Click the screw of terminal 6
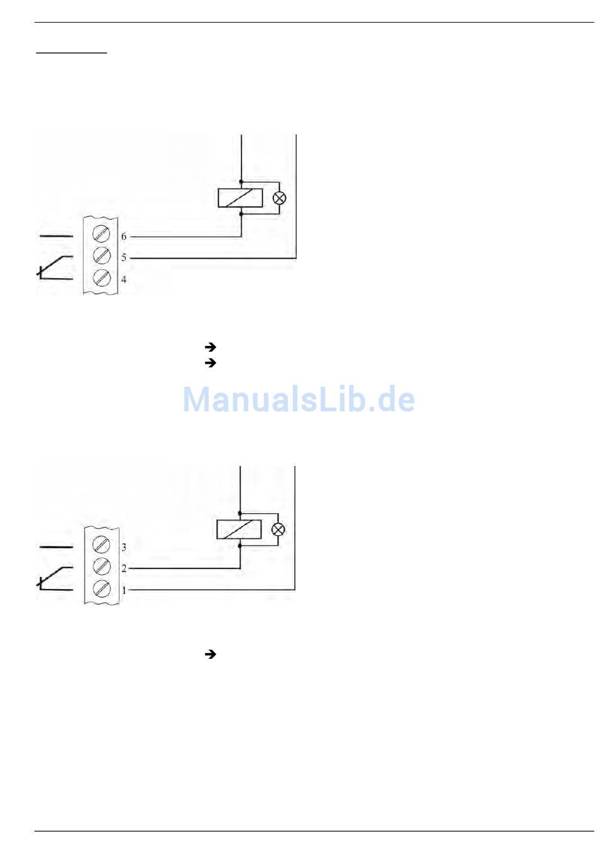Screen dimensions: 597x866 pos(101,234)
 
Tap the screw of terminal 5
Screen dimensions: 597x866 pos(101,256)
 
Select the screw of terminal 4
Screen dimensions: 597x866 pos(101,278)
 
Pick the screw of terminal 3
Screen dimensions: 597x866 pos(101,544)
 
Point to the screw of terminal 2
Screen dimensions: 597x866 pos(101,566)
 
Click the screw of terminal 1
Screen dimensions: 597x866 pos(101,588)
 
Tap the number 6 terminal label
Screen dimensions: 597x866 pos(124,237)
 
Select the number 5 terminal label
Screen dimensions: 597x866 pos(124,257)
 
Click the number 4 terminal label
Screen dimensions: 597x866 pos(124,279)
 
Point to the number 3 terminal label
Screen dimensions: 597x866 pos(124,547)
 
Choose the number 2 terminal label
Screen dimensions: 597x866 pos(124,568)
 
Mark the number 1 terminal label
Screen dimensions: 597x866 pos(124,590)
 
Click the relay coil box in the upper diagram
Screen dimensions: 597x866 pos(240,198)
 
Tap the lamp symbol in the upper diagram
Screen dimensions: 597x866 pos(279,198)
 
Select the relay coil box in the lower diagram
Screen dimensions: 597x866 pos(239,529)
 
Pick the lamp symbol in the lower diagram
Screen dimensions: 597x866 pos(278,529)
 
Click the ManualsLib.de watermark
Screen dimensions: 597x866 pos(298,399)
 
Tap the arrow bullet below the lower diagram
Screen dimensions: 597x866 pos(211,654)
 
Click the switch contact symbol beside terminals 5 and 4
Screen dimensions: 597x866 pos(55,267)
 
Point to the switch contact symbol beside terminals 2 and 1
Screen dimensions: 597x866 pos(55,578)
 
